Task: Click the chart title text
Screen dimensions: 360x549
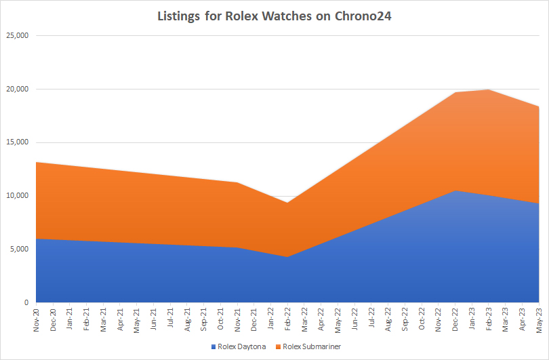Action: click(x=274, y=16)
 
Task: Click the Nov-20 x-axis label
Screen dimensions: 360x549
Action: click(x=37, y=318)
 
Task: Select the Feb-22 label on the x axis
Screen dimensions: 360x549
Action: click(x=287, y=318)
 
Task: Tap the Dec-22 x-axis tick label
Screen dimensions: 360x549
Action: click(x=455, y=318)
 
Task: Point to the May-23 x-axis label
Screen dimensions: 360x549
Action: click(x=538, y=318)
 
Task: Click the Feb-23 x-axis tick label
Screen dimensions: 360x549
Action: click(x=488, y=318)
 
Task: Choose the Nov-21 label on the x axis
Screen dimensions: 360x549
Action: click(x=237, y=318)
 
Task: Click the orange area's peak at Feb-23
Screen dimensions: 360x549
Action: click(x=488, y=90)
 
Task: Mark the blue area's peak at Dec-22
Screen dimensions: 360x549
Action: click(x=455, y=191)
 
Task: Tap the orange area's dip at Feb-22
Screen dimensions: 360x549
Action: click(x=287, y=203)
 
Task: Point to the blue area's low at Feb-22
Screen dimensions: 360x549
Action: click(x=287, y=257)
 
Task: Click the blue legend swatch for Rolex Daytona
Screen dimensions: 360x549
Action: click(x=213, y=346)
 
